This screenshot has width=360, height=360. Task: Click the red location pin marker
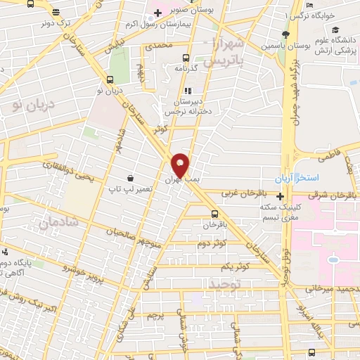(x=181, y=165)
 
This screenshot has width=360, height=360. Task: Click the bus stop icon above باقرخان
(x=214, y=214)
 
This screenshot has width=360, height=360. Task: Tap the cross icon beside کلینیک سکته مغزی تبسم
(x=280, y=195)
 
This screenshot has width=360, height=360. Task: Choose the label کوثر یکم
(x=235, y=267)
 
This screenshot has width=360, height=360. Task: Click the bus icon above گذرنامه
(x=186, y=58)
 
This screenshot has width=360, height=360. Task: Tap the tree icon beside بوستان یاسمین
(x=284, y=35)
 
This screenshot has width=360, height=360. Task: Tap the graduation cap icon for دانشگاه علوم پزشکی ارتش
(x=335, y=30)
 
